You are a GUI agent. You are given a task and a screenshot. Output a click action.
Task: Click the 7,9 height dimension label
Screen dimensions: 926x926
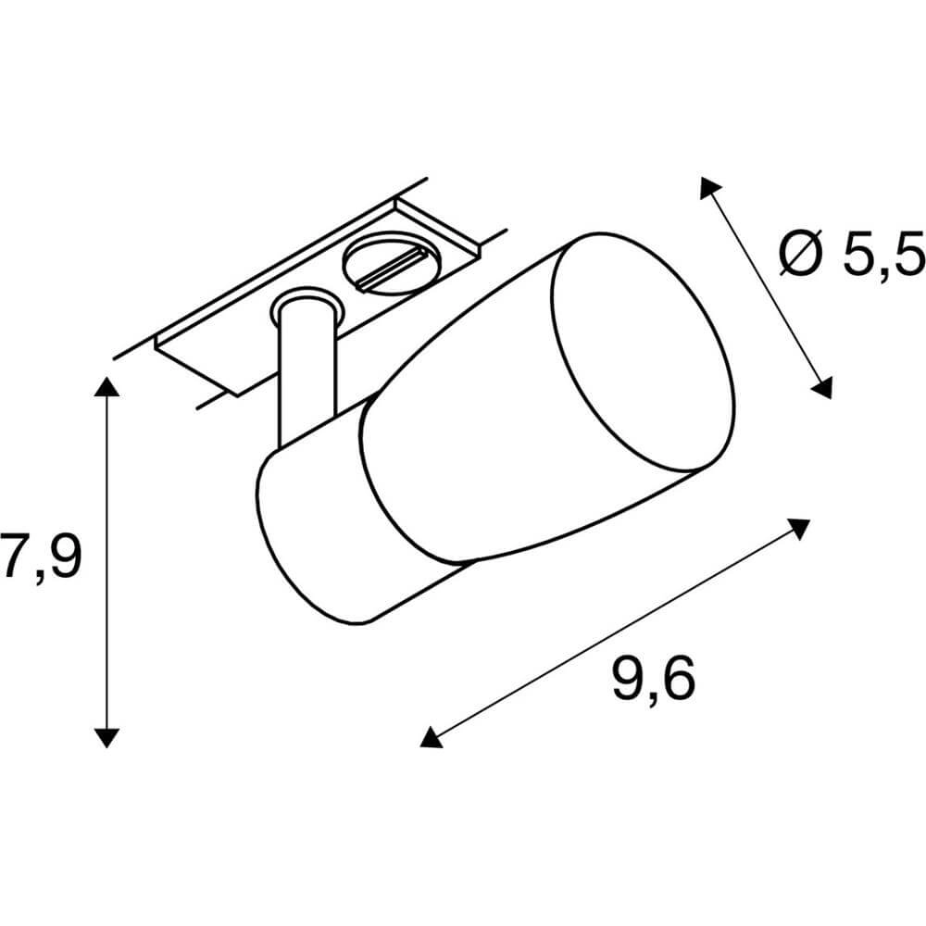click(x=40, y=556)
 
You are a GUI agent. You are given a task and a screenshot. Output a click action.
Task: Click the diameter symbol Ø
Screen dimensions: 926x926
click(x=801, y=253)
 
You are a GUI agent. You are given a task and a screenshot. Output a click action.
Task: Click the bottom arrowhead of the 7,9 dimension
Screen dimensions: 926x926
click(x=106, y=738)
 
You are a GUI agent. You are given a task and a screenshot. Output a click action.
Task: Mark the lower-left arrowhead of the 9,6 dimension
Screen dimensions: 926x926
click(x=430, y=737)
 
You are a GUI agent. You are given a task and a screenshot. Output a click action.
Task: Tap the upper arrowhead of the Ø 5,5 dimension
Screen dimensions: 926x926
click(x=710, y=187)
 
